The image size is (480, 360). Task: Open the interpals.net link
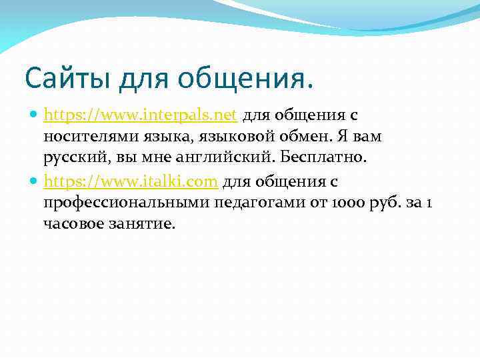coord(141,115)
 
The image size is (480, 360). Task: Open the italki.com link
coord(131,181)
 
